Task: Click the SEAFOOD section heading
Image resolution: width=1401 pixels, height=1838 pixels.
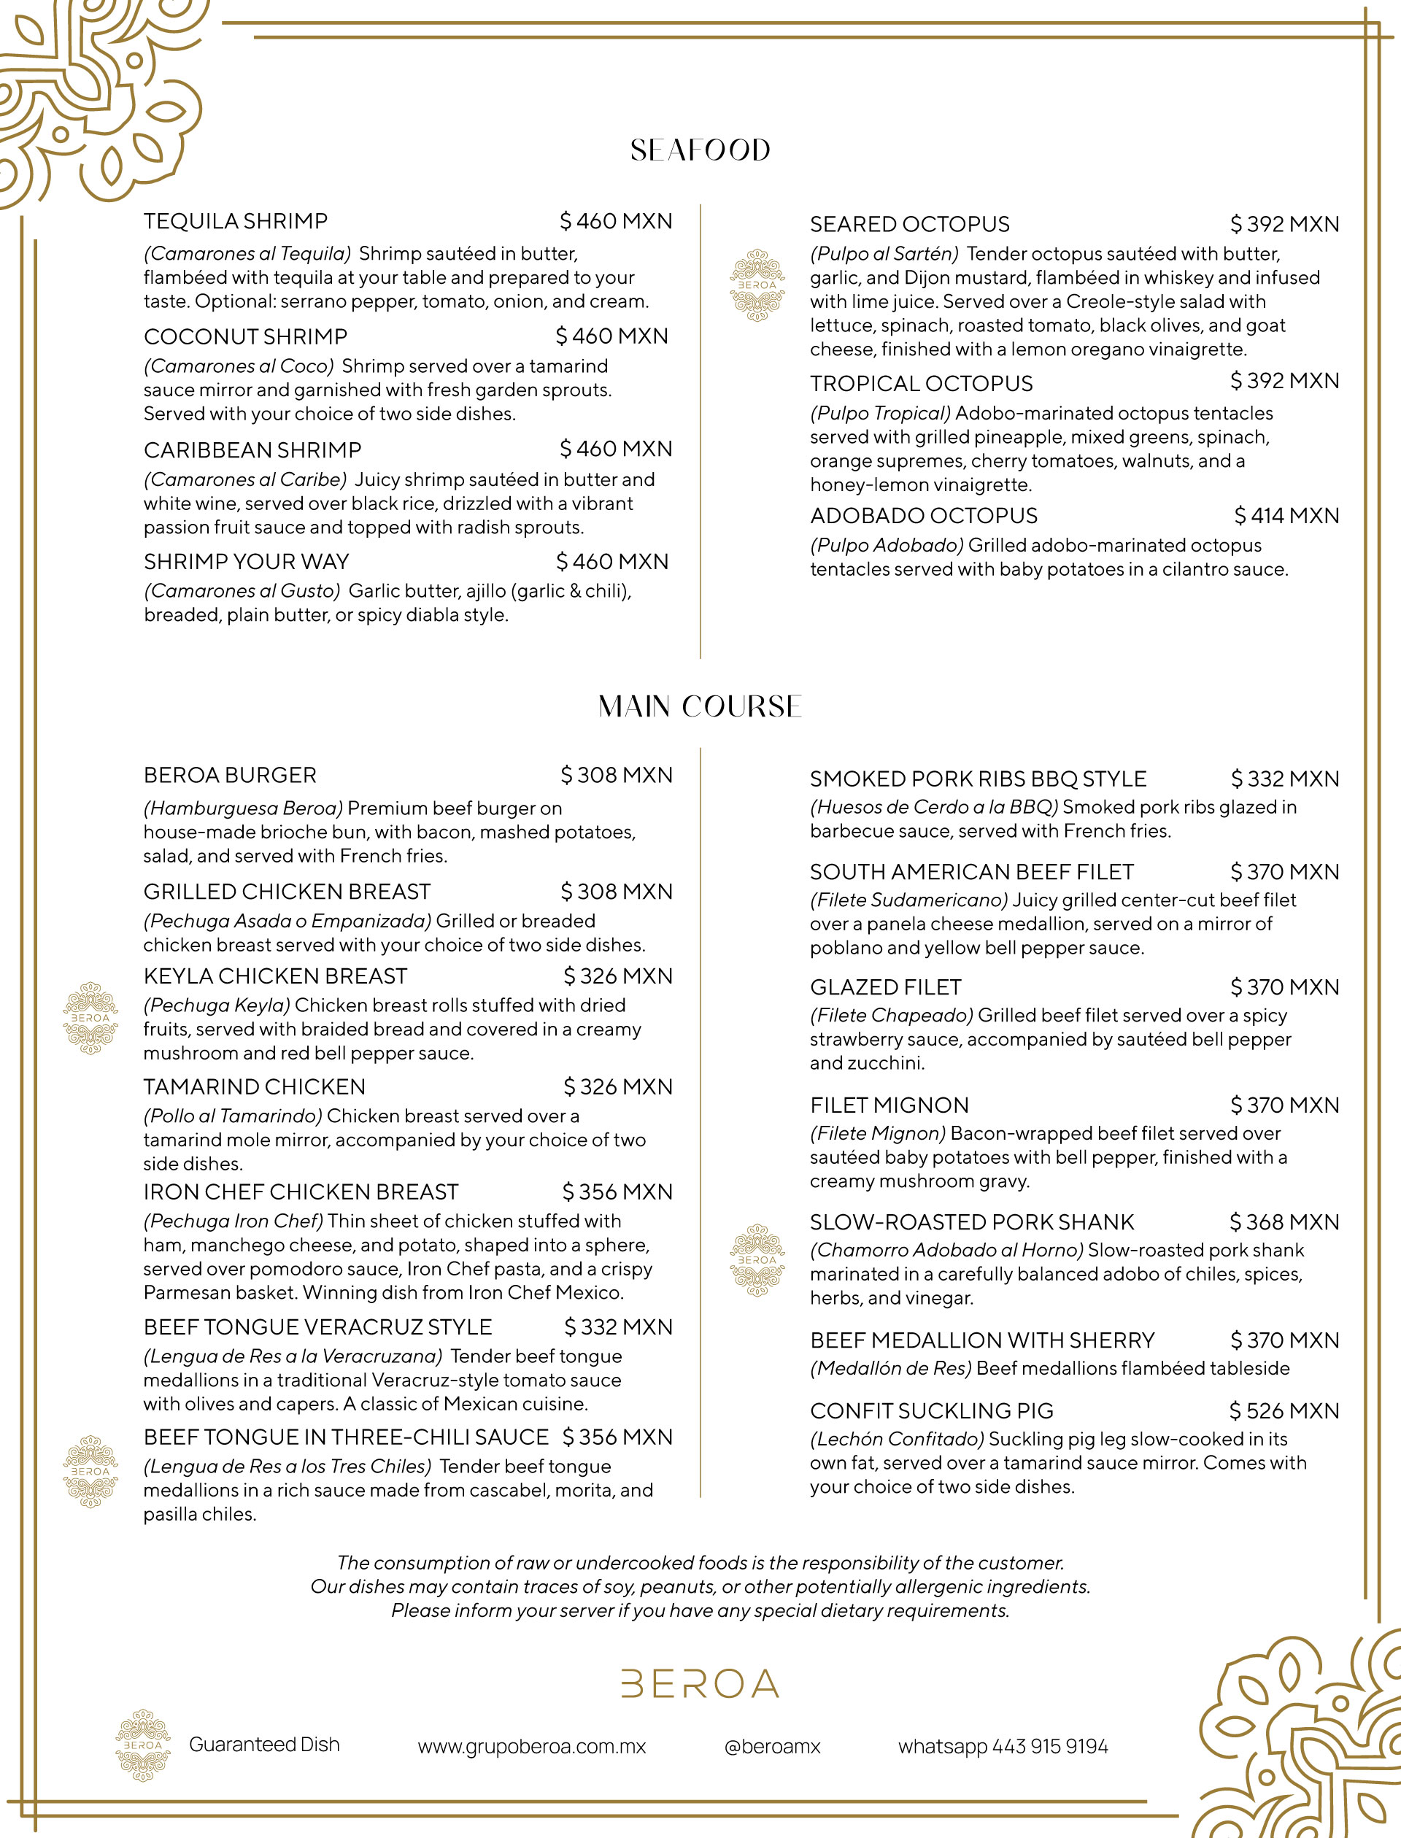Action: click(x=700, y=150)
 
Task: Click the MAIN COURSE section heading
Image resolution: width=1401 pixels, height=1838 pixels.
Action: click(x=700, y=706)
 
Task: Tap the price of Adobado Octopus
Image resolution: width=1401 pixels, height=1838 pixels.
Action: click(x=1286, y=515)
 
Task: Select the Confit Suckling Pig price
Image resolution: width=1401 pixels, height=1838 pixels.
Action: click(x=1284, y=1410)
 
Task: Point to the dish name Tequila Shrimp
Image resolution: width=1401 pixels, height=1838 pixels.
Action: click(x=235, y=221)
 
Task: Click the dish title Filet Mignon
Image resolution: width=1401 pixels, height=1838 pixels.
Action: click(x=889, y=1105)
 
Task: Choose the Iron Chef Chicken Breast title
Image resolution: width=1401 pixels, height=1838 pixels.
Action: click(x=301, y=1192)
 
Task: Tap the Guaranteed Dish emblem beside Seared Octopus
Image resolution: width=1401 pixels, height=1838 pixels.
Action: click(x=757, y=285)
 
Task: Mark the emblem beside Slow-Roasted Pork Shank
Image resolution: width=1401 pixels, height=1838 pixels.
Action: click(x=757, y=1259)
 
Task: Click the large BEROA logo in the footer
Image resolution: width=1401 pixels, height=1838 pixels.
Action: click(x=700, y=1684)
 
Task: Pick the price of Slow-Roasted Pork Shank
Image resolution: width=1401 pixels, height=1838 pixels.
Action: click(x=1284, y=1221)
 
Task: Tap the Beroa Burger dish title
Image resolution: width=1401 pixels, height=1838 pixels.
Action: click(x=230, y=775)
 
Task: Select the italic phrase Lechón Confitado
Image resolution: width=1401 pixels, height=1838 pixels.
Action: click(x=898, y=1439)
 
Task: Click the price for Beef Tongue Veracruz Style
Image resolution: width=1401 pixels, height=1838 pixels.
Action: click(x=618, y=1327)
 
